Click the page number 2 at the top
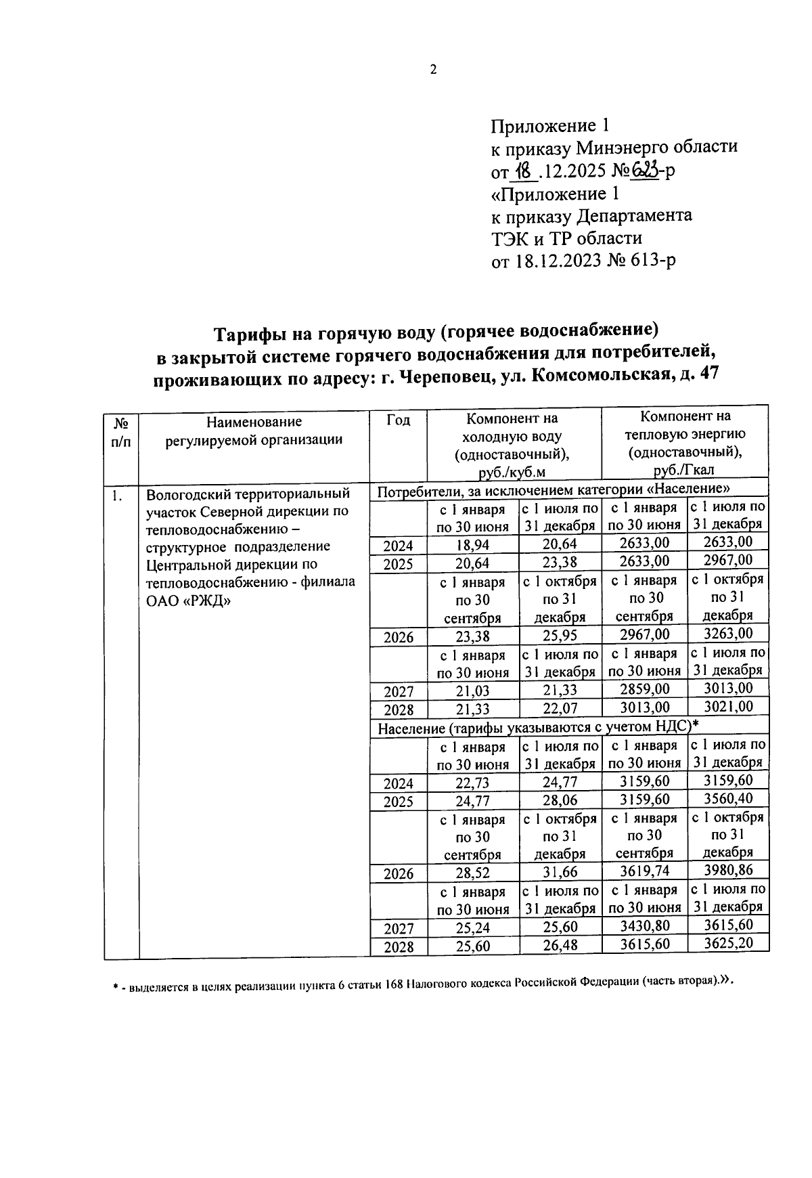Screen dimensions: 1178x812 coord(433,69)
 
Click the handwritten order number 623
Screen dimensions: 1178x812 coord(644,171)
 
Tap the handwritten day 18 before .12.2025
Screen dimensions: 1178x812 coord(524,171)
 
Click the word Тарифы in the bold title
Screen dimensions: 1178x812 coord(247,333)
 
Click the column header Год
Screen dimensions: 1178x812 coord(398,420)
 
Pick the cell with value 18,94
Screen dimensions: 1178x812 coord(472,545)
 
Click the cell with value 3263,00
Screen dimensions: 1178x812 coord(727,634)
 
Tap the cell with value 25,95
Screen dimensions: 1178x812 coord(560,636)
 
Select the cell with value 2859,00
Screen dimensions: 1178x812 coord(644,689)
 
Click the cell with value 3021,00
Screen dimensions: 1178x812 coord(727,707)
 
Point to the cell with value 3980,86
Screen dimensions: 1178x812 coord(727,870)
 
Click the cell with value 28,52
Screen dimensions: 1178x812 coord(472,873)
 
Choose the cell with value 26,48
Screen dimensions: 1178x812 coord(560,945)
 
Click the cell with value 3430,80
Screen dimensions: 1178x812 coord(644,926)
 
